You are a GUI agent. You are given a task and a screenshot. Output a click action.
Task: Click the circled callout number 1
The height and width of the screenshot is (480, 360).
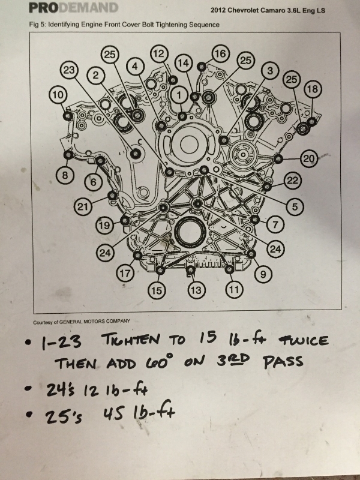tap(179, 95)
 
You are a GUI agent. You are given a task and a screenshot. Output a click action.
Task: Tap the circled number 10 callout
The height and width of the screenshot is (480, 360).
tap(58, 95)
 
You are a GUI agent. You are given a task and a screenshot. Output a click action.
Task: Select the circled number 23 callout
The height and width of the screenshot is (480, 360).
tap(69, 70)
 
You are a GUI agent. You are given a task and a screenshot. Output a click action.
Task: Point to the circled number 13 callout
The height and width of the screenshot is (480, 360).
tap(196, 290)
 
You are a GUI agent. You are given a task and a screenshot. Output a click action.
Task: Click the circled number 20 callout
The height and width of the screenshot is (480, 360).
tap(309, 158)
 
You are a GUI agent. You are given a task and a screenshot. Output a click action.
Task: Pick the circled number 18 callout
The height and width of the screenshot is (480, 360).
tap(313, 89)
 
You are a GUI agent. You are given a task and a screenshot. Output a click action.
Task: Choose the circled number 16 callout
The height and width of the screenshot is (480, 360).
tap(220, 53)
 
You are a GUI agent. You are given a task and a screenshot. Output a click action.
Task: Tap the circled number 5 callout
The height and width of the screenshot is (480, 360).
tap(295, 206)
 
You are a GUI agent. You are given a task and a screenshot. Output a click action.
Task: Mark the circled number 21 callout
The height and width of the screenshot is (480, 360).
tap(83, 206)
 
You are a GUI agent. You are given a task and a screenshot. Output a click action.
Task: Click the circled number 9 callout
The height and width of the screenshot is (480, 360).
tap(263, 274)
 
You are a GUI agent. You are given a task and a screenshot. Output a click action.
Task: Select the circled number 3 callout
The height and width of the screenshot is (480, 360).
tap(269, 71)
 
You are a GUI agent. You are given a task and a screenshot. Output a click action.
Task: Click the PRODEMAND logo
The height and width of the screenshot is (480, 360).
tap(73, 8)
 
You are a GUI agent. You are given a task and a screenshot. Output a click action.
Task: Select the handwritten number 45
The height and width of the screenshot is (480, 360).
tap(113, 415)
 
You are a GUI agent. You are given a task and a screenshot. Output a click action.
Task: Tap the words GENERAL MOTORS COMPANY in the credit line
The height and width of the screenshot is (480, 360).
tap(95, 322)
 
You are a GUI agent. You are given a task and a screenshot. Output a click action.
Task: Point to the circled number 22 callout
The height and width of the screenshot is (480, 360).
tap(293, 181)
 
